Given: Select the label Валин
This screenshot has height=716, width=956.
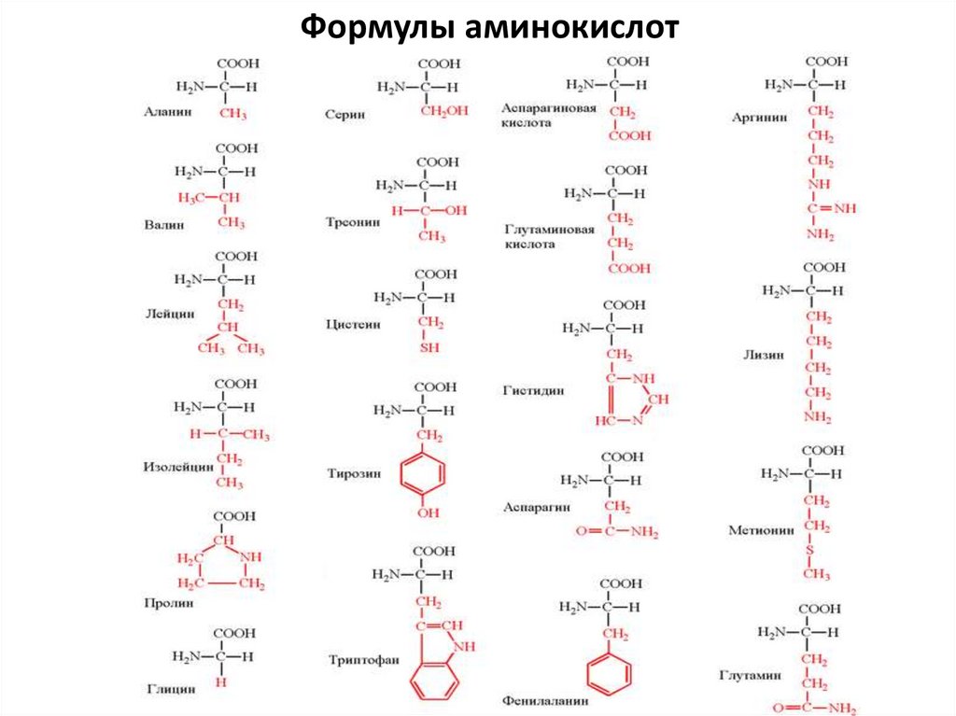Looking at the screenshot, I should [x=164, y=225].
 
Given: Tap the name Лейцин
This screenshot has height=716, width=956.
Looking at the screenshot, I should [x=170, y=315].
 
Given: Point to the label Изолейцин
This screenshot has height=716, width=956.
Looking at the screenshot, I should [x=179, y=466].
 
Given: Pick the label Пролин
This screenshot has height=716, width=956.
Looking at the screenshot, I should [x=169, y=603].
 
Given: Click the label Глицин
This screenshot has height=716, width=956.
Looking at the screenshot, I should [x=171, y=689].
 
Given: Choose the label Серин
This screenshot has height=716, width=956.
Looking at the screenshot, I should [x=344, y=114].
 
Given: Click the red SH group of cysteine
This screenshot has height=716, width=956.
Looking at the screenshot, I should [x=429, y=347].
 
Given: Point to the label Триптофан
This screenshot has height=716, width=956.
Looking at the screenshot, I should [x=363, y=659].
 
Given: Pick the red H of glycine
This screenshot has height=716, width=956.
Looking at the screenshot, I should [x=221, y=682].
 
